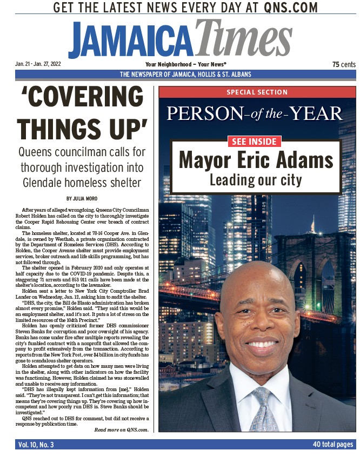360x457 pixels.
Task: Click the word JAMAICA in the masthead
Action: click(131, 39)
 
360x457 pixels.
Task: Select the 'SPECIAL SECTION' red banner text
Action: click(257, 92)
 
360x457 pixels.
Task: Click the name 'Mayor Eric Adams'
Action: click(256, 160)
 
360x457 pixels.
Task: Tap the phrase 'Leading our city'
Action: click(256, 179)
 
